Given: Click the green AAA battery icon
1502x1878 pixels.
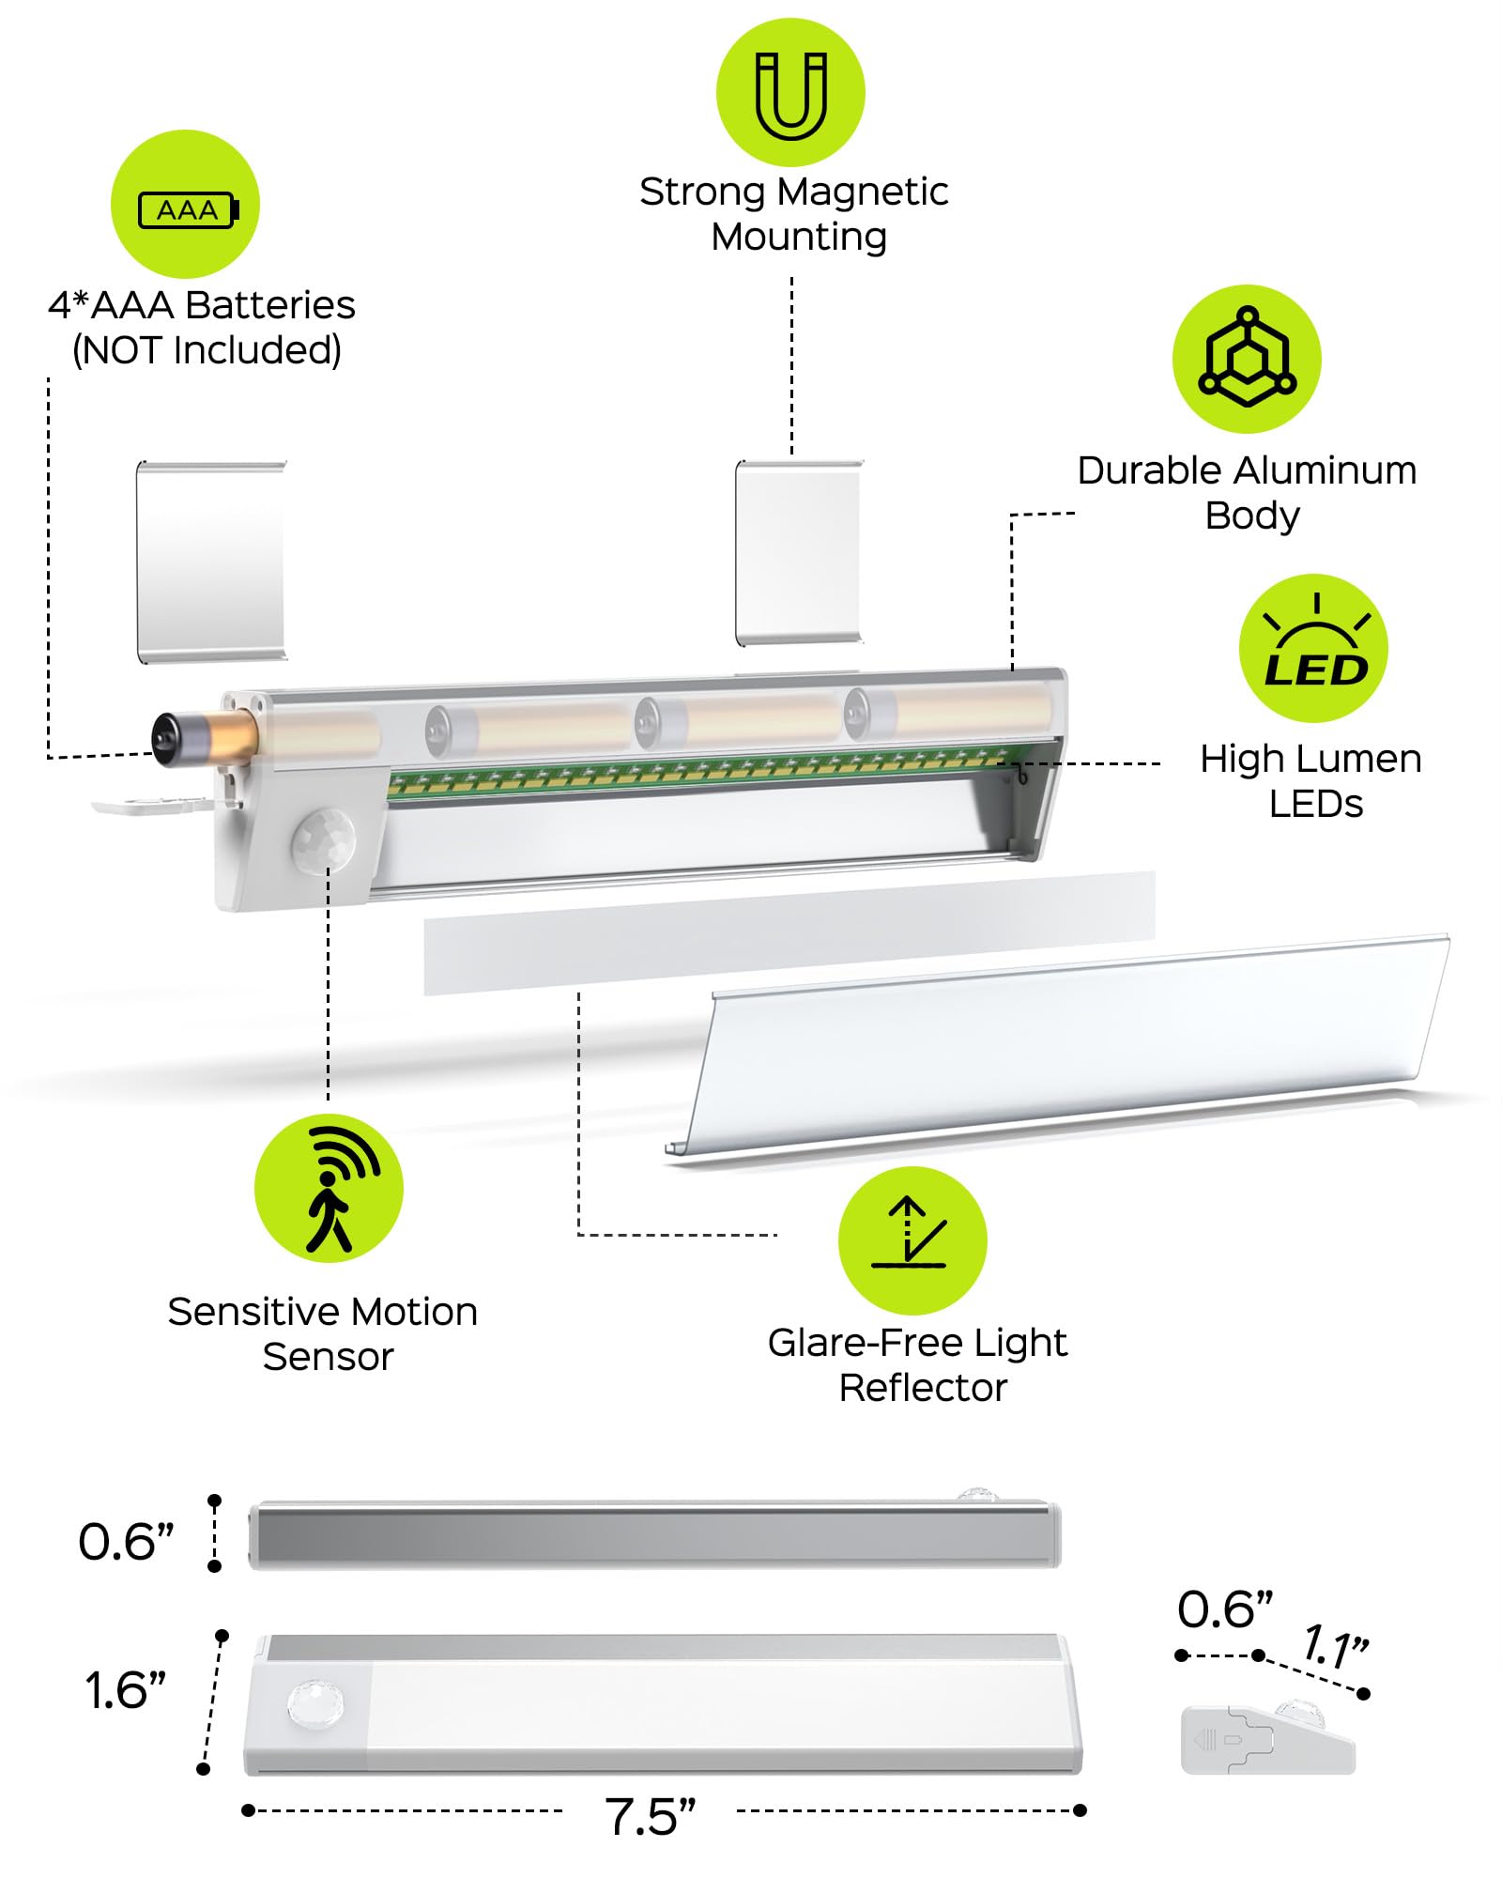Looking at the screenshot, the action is (185, 204).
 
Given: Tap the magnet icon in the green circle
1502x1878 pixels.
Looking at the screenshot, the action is (790, 93).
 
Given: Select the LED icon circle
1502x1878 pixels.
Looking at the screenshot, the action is (1313, 649).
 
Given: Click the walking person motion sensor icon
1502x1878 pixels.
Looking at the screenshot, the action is (329, 1189).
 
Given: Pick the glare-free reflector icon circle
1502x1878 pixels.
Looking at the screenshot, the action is (912, 1240).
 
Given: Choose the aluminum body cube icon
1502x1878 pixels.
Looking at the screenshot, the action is (1247, 359).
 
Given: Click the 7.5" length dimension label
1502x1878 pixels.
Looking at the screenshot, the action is (650, 1816).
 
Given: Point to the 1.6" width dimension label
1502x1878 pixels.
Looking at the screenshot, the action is (126, 1690).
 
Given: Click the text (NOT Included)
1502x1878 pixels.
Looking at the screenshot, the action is (207, 349).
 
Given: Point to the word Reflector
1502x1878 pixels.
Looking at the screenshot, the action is (923, 1388).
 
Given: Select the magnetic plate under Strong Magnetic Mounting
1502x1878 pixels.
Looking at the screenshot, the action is (798, 553).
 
